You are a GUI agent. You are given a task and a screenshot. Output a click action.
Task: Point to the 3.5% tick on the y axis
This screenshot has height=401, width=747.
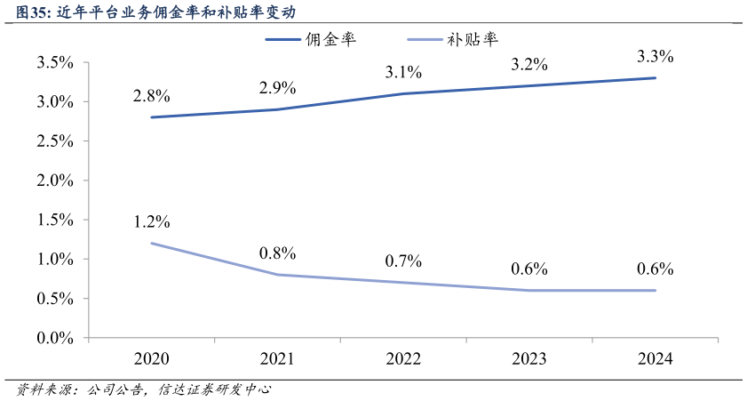pyautogui.click(x=55, y=63)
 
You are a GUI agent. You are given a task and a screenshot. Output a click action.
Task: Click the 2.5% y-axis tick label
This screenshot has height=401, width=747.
pyautogui.click(x=55, y=141)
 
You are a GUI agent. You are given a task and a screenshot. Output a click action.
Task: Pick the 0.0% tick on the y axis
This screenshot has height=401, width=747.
pyautogui.click(x=55, y=339)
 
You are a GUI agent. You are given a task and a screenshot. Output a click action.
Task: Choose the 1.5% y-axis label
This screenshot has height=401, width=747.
pyautogui.click(x=55, y=221)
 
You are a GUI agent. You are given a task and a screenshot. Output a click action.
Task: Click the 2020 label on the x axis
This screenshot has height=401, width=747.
pyautogui.click(x=151, y=359)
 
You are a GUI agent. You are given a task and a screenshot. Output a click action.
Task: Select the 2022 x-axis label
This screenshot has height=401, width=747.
pyautogui.click(x=403, y=359)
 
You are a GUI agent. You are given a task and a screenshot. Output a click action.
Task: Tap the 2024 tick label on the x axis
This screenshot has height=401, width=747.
pyautogui.click(x=656, y=359)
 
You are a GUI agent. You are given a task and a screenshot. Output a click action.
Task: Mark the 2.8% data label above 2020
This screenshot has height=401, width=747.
pyautogui.click(x=151, y=96)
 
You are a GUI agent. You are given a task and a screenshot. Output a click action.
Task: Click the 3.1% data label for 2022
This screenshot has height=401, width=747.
pyautogui.click(x=403, y=72)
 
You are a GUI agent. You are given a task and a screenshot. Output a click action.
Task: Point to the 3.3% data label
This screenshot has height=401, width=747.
pyautogui.click(x=656, y=57)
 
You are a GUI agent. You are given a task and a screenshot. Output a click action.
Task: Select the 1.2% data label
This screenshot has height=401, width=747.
pyautogui.click(x=151, y=222)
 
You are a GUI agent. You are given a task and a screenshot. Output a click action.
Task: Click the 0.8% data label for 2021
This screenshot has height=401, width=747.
pyautogui.click(x=277, y=253)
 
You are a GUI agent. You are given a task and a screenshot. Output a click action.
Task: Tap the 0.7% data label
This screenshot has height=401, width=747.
pyautogui.click(x=403, y=261)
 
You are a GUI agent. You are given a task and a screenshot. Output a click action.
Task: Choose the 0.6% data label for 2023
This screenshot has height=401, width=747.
pyautogui.click(x=529, y=269)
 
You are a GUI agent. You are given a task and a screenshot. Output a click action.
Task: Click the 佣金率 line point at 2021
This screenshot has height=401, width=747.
pyautogui.click(x=277, y=109)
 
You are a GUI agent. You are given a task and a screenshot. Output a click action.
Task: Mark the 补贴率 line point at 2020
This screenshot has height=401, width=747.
pyautogui.click(x=151, y=243)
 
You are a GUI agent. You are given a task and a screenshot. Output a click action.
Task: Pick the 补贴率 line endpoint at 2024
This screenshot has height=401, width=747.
pyautogui.click(x=656, y=290)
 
